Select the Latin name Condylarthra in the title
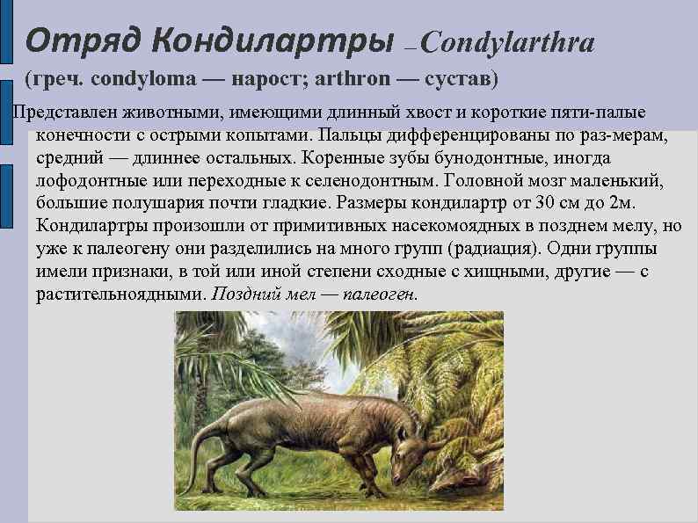(x=513, y=41)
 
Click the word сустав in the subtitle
(x=461, y=80)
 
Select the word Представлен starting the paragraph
(x=61, y=113)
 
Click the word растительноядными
(x=118, y=294)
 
